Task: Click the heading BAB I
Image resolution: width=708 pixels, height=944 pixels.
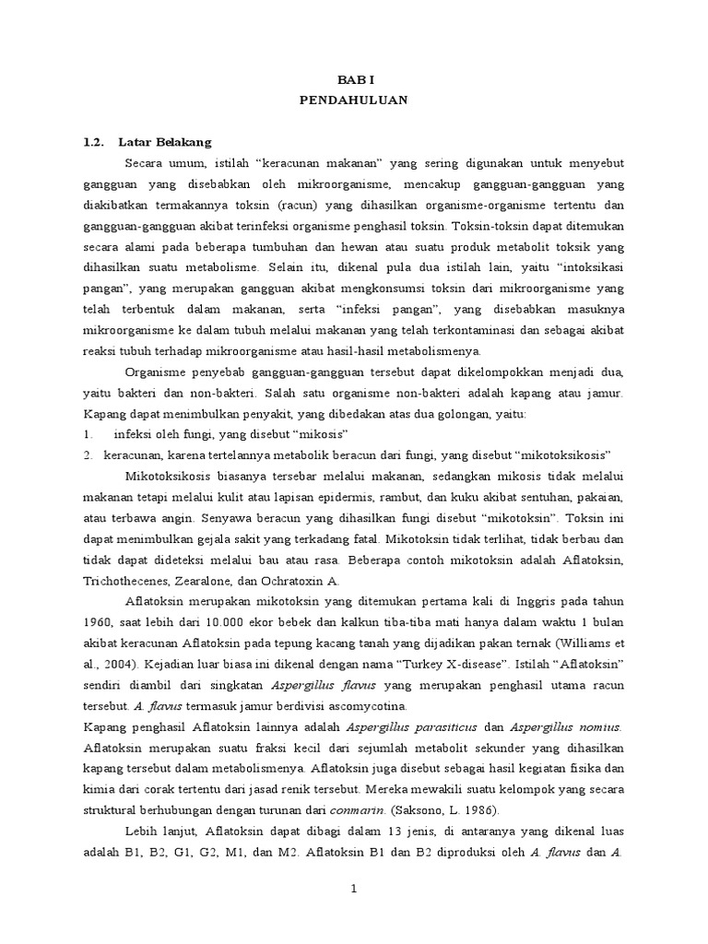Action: click(x=353, y=79)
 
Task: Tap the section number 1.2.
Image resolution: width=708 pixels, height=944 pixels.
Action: click(x=93, y=142)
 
